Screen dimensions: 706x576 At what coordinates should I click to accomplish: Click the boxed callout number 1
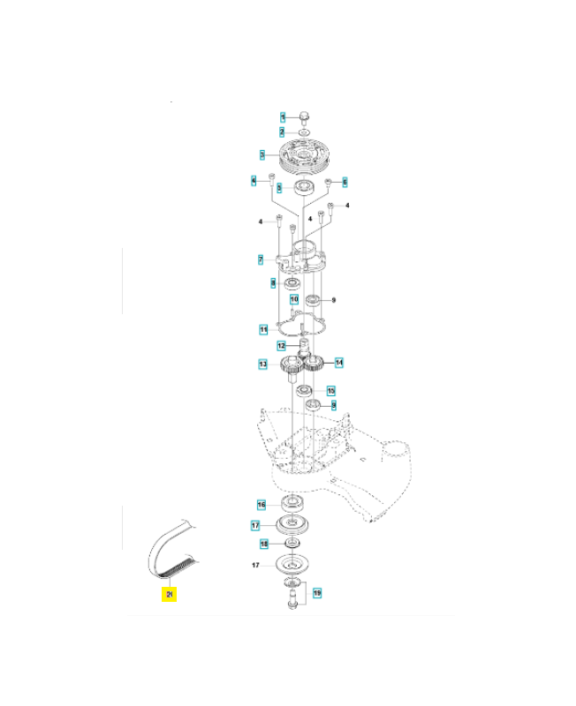283,116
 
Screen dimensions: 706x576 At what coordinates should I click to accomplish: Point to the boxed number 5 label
278,187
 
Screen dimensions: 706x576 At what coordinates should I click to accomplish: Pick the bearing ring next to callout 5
305,187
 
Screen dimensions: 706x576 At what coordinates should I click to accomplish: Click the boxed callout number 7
261,259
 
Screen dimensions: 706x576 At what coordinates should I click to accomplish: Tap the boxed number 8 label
273,282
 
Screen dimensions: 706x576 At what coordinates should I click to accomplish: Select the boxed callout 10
294,300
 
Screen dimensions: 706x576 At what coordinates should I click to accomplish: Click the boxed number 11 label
263,329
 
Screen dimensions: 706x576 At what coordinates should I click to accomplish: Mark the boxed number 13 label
263,364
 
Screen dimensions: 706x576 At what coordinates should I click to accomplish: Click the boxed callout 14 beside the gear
339,362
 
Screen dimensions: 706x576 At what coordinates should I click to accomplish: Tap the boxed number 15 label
331,390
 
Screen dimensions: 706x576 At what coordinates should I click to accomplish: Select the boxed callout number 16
261,505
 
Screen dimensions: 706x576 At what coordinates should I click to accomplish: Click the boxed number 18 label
263,545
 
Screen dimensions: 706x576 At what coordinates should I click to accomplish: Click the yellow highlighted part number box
168,594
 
